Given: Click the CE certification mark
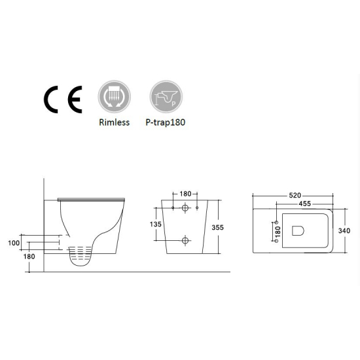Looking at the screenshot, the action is pyautogui.click(x=63, y=99).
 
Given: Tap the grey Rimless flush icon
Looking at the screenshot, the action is pyautogui.click(x=115, y=96).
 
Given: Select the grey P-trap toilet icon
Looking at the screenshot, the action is pyautogui.click(x=166, y=96).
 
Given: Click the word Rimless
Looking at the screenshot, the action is pyautogui.click(x=115, y=122).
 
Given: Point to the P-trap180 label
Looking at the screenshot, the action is pyautogui.click(x=166, y=122).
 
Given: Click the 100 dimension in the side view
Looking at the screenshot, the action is pyautogui.click(x=14, y=243).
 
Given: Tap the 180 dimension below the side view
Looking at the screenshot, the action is pyautogui.click(x=29, y=257).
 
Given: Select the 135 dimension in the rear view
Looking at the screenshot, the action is pyautogui.click(x=156, y=224).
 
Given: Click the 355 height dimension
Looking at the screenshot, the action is pyautogui.click(x=217, y=227).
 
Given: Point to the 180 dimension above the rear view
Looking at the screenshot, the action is pyautogui.click(x=185, y=194).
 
